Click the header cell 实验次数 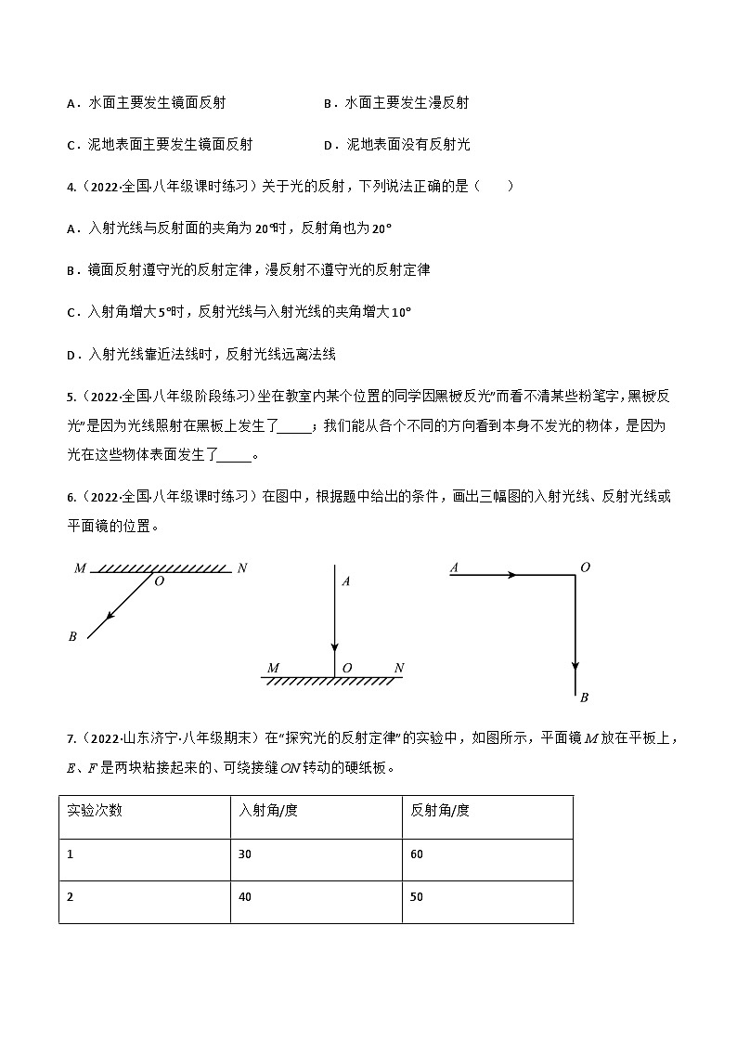(95, 810)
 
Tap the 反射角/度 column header (440, 810)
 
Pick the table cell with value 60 (417, 854)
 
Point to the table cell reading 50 (417, 897)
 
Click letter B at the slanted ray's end (72, 637)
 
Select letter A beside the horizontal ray (454, 567)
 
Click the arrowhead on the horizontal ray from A (511, 575)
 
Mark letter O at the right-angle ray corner (585, 567)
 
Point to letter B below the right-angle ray (584, 698)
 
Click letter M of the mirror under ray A (273, 668)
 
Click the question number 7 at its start (71, 739)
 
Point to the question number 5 (71, 398)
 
